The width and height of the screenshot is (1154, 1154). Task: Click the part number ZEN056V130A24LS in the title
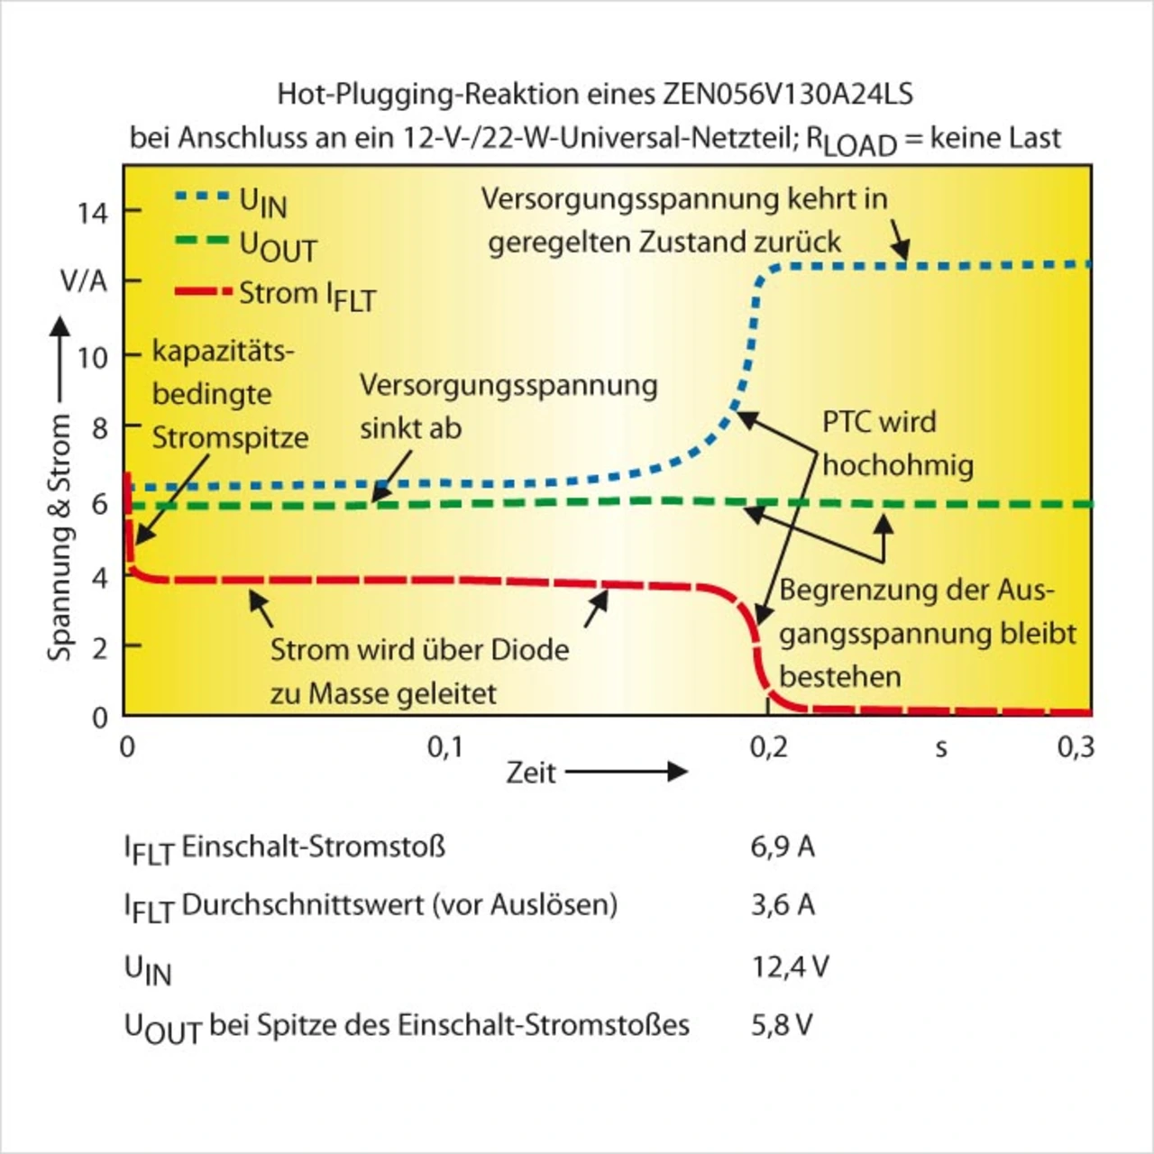click(x=788, y=94)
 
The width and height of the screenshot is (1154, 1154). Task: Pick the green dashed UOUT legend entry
click(x=245, y=244)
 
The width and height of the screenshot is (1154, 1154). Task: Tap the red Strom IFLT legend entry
click(x=275, y=294)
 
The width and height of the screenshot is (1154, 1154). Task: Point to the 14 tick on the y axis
click(x=92, y=213)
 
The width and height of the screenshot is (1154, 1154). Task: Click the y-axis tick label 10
click(x=92, y=358)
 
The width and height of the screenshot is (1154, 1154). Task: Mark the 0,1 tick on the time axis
click(x=445, y=746)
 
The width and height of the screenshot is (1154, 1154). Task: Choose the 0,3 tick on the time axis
click(x=1075, y=746)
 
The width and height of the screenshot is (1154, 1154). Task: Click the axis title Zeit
click(x=531, y=773)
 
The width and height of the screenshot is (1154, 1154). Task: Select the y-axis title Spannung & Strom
click(x=60, y=537)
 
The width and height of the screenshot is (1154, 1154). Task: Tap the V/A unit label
click(x=84, y=281)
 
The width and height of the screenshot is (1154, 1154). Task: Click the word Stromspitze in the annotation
click(x=230, y=438)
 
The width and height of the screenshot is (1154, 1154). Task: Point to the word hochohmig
click(x=898, y=465)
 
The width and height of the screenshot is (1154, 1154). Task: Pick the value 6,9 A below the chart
click(x=783, y=847)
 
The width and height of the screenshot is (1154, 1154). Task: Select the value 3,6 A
click(x=783, y=904)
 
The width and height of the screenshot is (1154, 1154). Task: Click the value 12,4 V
click(x=790, y=966)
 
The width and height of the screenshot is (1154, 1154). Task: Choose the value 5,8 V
click(x=782, y=1024)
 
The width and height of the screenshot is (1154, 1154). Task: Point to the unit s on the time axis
click(x=940, y=747)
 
